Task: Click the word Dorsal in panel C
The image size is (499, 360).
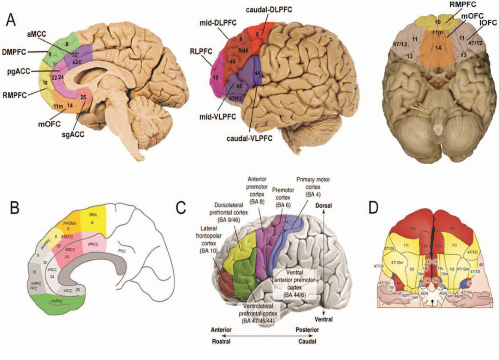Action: [324, 206]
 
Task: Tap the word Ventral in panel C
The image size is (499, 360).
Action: [324, 319]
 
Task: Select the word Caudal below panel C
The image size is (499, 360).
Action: [307, 342]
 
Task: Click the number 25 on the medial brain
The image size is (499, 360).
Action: [83, 97]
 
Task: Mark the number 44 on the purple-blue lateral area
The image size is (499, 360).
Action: [257, 73]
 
